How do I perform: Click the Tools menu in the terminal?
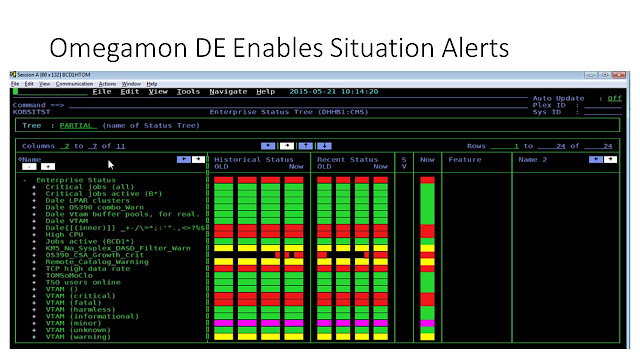coord(188,92)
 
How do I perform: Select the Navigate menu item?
coord(228,92)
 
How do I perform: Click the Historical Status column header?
coord(255,159)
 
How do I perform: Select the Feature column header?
coord(464,159)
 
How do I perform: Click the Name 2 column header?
coord(533,159)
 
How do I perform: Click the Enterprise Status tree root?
coord(75,180)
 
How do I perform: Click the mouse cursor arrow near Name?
coord(111,164)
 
